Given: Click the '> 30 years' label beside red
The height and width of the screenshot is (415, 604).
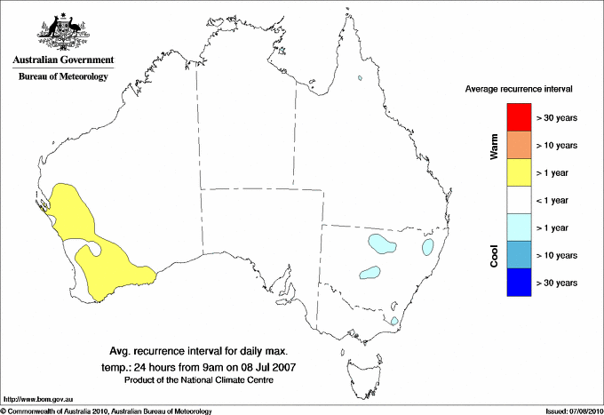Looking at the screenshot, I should [x=557, y=117].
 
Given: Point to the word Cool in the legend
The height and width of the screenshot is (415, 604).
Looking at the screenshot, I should [x=495, y=256].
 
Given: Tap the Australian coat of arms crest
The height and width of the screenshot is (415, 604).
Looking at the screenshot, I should [x=63, y=31].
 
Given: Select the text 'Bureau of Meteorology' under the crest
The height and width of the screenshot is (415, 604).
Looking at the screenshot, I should [x=63, y=77].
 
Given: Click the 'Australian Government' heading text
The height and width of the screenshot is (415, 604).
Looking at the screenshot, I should [x=63, y=60].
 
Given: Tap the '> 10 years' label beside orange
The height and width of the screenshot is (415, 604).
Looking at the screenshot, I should [x=557, y=145].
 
